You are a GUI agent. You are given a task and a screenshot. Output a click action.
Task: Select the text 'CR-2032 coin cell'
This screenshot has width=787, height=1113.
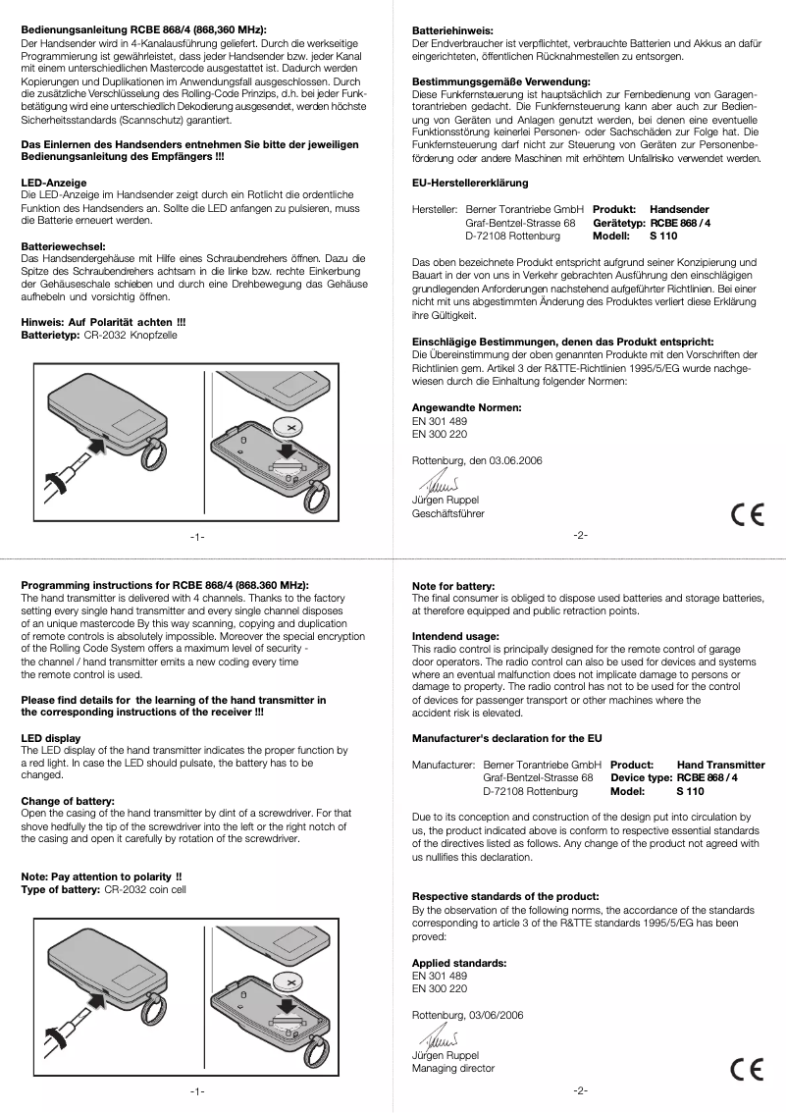[145, 888]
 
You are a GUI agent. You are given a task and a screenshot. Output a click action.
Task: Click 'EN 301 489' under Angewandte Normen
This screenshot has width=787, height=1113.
[439, 421]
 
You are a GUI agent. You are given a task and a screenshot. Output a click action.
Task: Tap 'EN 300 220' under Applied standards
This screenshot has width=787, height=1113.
[439, 988]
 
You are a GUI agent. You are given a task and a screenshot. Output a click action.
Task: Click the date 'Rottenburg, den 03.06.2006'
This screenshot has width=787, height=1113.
[476, 460]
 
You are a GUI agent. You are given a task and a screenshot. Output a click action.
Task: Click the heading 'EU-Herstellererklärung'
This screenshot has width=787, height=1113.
[470, 184]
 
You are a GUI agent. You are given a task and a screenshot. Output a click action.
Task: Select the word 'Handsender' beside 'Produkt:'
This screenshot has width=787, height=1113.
[679, 210]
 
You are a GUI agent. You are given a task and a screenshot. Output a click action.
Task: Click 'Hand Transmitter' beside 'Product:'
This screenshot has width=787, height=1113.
[721, 764]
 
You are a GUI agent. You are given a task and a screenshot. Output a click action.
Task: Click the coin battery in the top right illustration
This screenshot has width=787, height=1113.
[290, 427]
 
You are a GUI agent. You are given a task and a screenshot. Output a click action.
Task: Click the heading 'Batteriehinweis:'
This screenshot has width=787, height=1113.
[451, 32]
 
